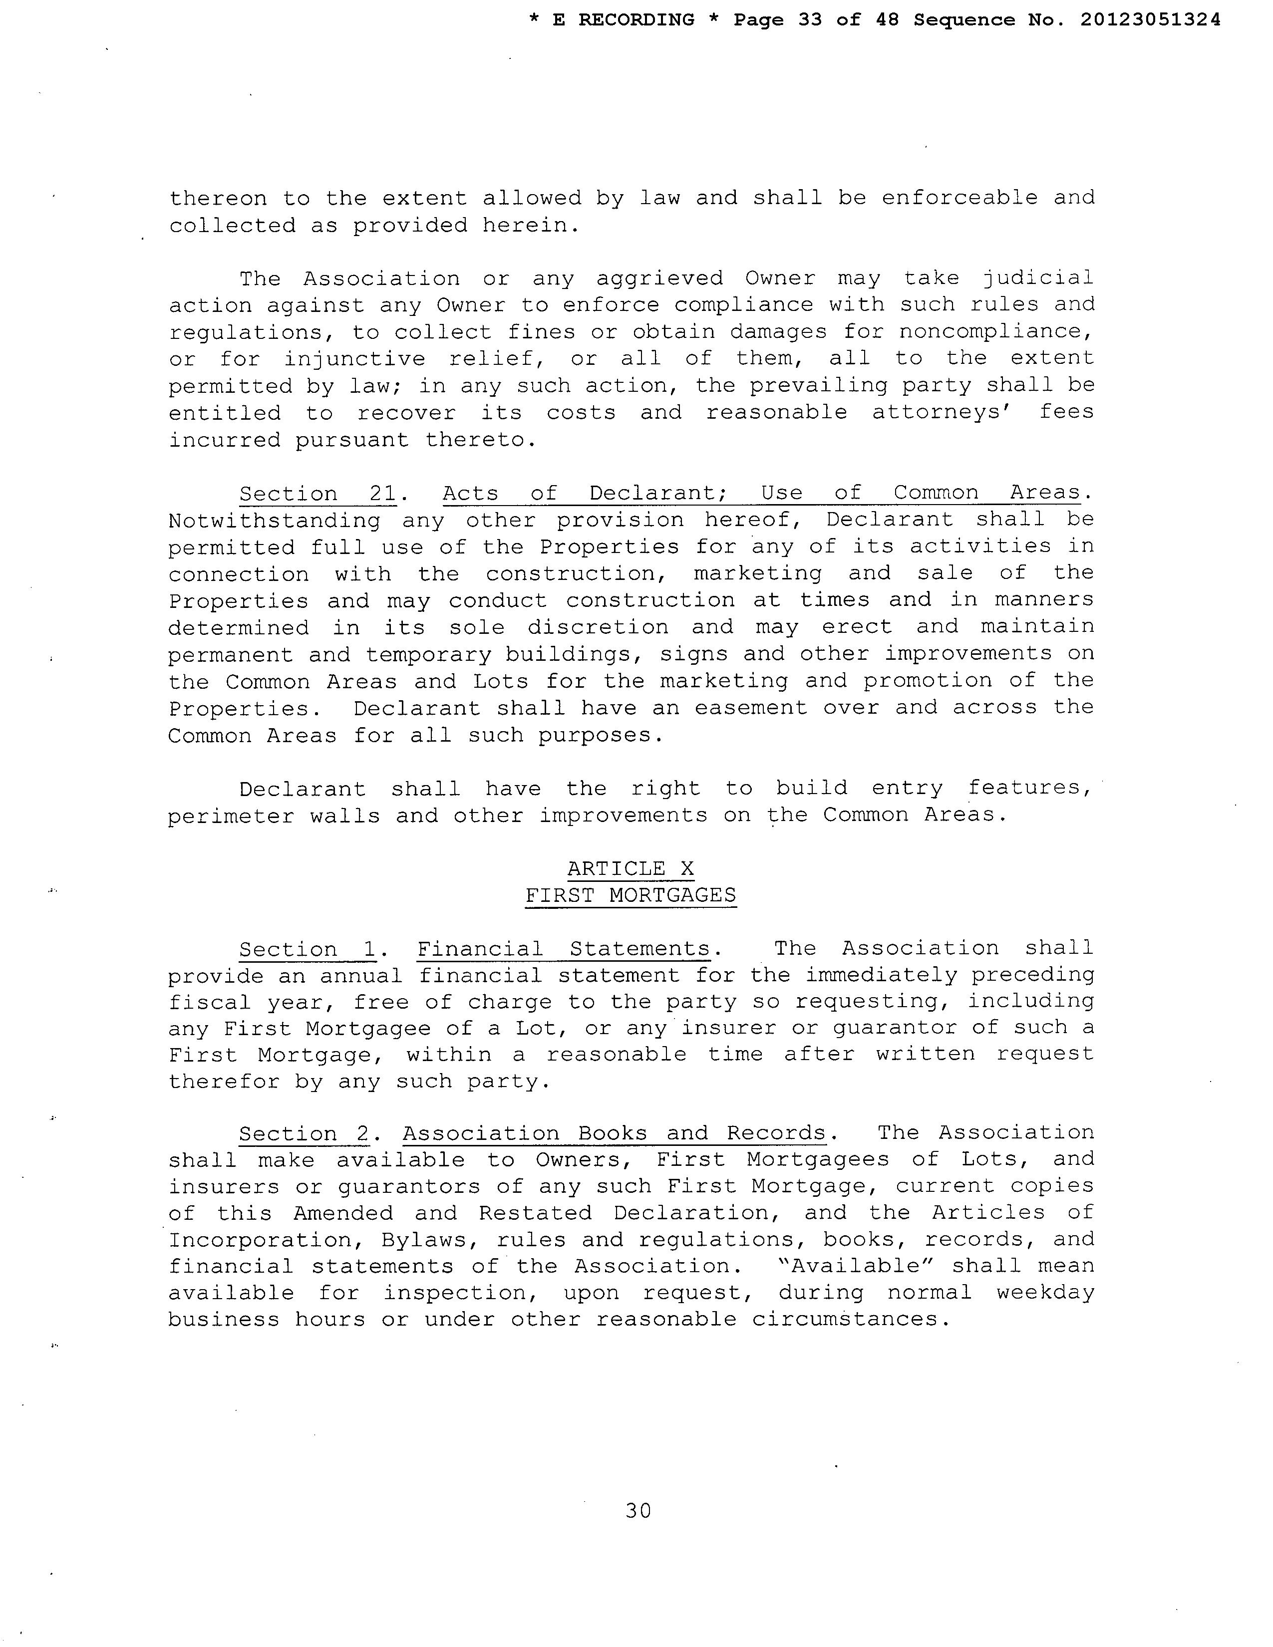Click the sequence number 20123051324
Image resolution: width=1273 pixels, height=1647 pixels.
coord(1150,20)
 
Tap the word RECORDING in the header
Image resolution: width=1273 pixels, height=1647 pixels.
coord(636,20)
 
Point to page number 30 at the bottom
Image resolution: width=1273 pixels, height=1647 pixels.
coord(638,1511)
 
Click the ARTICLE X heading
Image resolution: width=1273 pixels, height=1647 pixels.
coord(631,869)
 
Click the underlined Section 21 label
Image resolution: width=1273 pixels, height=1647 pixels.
coord(318,494)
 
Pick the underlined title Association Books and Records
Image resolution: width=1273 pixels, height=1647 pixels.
coord(615,1133)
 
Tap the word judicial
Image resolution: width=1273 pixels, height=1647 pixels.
coord(1038,278)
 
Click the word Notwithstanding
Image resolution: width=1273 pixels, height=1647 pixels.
coord(274,521)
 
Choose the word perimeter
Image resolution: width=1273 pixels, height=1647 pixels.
coord(231,816)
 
